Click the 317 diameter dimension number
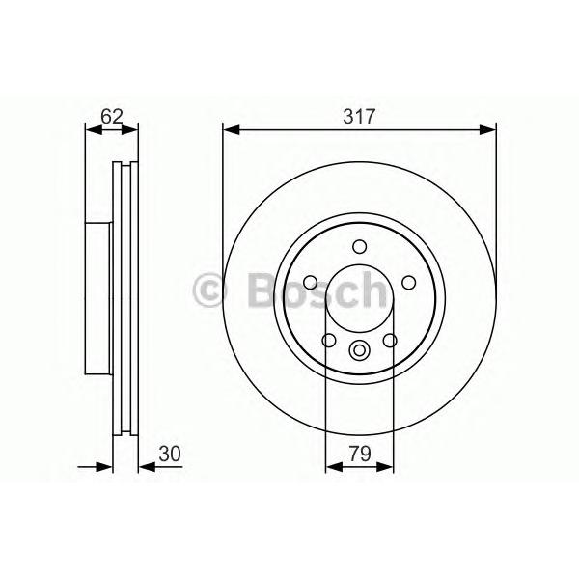coord(359,116)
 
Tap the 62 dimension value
coord(112,116)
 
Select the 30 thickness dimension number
coord(170,454)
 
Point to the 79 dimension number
coord(360,454)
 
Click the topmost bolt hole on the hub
coord(359,247)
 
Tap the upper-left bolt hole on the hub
coord(310,283)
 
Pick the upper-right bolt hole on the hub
coord(409,283)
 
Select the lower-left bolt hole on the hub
coord(329,340)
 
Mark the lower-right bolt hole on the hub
coord(390,340)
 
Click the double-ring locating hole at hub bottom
coord(359,349)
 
